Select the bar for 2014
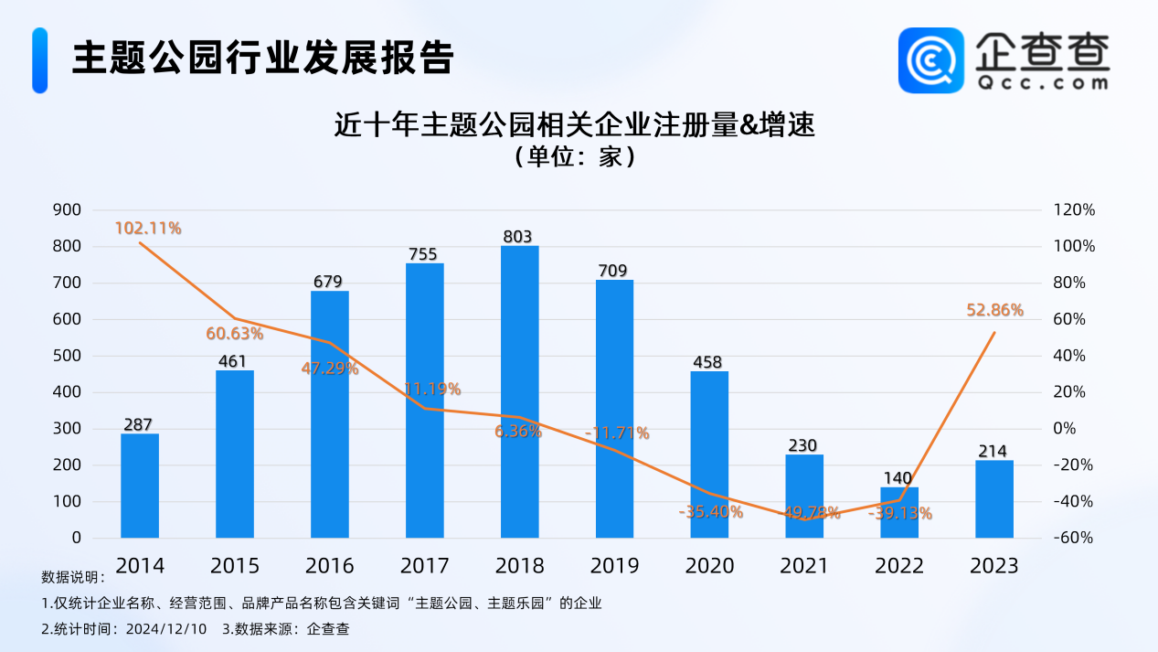click(x=140, y=486)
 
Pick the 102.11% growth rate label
click(x=148, y=228)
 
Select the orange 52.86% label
click(x=994, y=310)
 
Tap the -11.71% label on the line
click(x=617, y=433)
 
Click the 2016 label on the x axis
click(x=330, y=566)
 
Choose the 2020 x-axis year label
click(x=709, y=566)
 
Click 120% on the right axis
click(x=1074, y=209)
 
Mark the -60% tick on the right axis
click(x=1074, y=538)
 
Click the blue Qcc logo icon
click(x=930, y=60)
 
